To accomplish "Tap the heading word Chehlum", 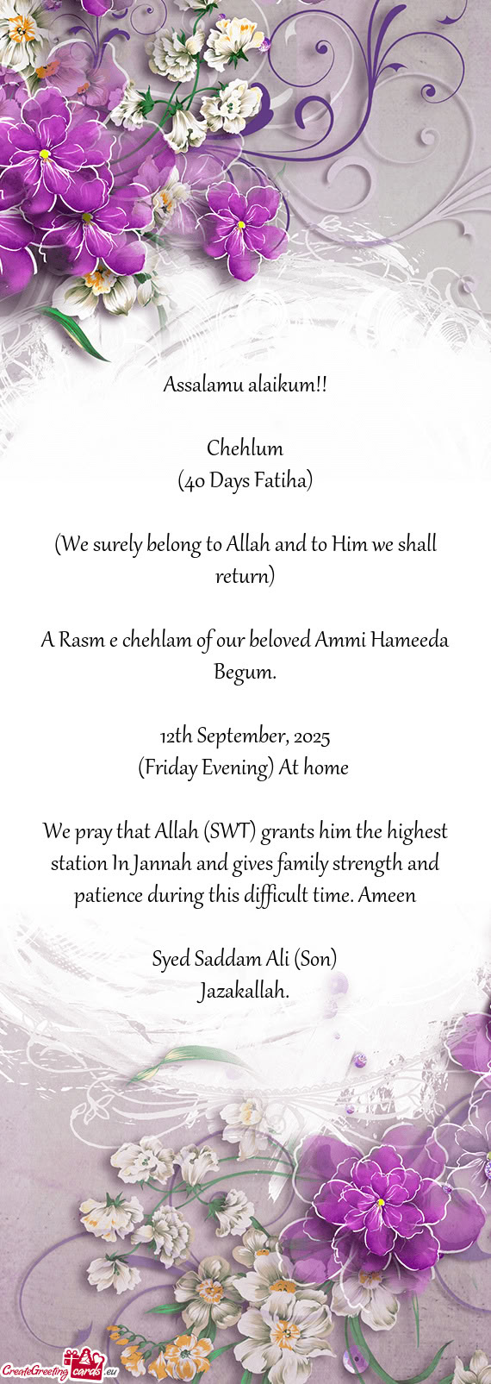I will pos(245,448).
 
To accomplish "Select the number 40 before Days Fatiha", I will pos(193,481).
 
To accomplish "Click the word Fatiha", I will pos(283,481).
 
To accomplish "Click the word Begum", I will pos(245,672).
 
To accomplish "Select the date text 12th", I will pos(175,736).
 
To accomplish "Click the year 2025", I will pos(311,736).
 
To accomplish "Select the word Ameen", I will pos(387,896).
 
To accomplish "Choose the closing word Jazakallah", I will pos(245,992).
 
